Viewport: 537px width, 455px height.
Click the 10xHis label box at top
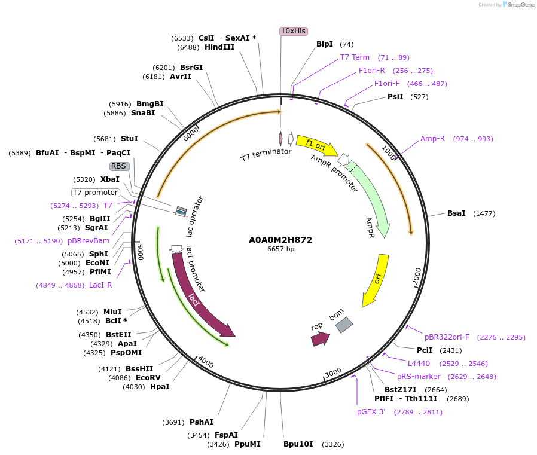coord(294,31)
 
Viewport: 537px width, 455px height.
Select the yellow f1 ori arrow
coord(316,145)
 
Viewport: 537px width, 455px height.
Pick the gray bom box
coord(344,325)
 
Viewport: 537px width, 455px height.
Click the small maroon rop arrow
coord(320,339)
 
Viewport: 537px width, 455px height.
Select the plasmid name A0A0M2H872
coord(280,240)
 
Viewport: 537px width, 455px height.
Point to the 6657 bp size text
coord(280,249)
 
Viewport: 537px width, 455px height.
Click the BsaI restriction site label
coord(456,213)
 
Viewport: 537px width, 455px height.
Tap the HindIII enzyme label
coord(219,47)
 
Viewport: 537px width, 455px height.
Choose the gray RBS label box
coord(119,166)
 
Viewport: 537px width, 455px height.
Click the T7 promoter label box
coord(95,193)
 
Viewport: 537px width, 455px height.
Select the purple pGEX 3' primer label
coord(371,412)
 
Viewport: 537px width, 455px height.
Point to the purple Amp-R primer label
coord(432,139)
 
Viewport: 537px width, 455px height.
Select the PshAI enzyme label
coord(201,422)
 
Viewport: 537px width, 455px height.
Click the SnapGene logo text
coord(520,5)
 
